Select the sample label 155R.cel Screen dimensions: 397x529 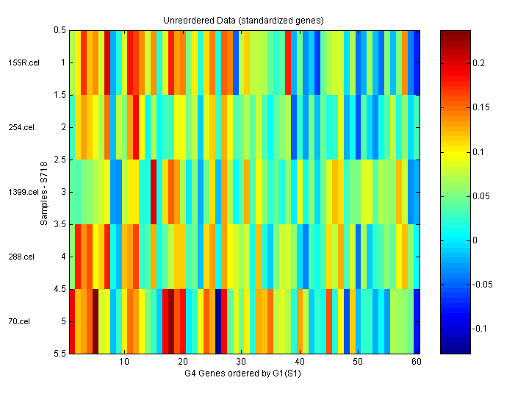tap(24, 63)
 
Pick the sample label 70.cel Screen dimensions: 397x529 tap(20, 322)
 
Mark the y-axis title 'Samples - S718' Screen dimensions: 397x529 tap(45, 193)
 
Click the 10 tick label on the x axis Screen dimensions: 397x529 tap(124, 362)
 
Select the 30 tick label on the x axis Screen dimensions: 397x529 tap(241, 362)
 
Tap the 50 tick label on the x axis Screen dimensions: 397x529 tap(358, 362)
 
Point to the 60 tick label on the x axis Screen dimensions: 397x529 tap(416, 362)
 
